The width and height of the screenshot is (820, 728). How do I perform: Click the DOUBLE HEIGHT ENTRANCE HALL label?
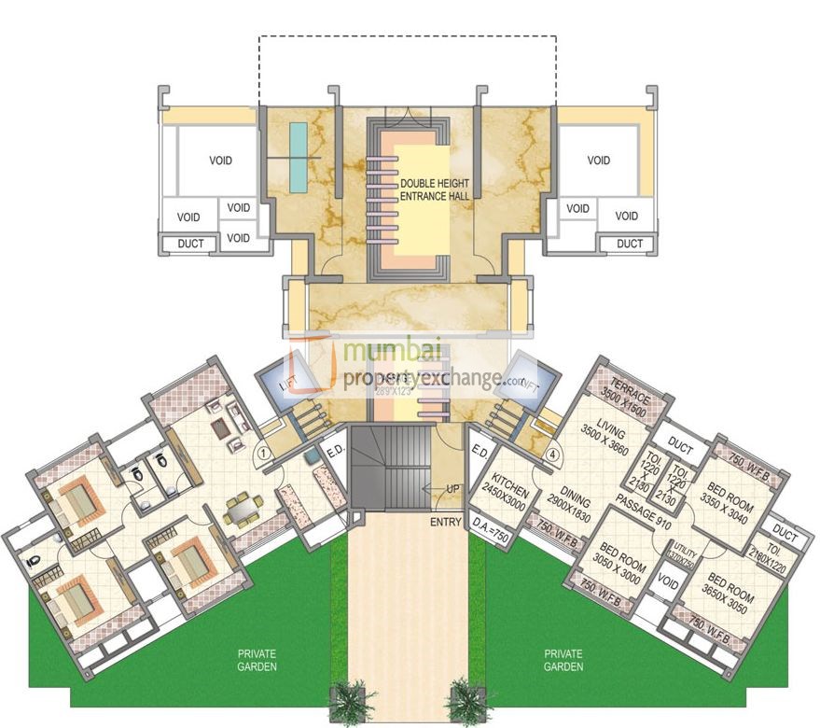click(x=435, y=189)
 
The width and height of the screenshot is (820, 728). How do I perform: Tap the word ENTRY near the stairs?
click(x=446, y=522)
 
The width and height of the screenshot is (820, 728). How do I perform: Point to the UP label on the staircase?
click(x=450, y=489)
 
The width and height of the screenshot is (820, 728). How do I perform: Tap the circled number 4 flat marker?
click(x=553, y=455)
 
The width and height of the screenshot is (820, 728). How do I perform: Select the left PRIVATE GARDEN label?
click(x=257, y=660)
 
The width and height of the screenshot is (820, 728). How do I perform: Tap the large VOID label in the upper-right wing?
click(x=599, y=161)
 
